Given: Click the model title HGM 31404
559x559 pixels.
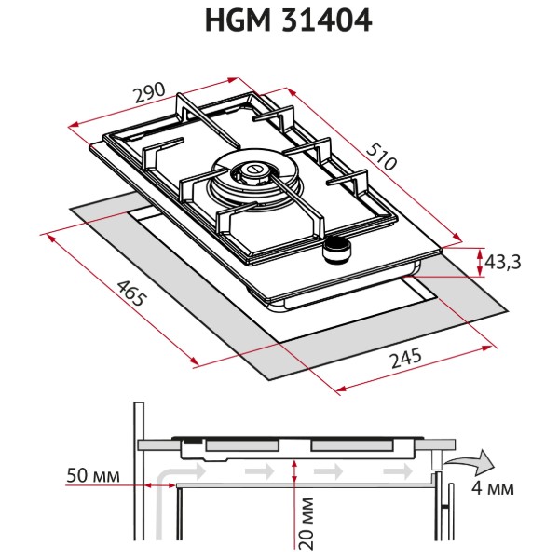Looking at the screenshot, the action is point(289,20).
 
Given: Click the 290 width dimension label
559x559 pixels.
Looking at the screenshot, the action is point(149,92).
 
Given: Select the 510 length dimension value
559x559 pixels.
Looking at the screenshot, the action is point(381,157).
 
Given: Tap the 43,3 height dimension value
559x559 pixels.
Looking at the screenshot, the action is point(503,262).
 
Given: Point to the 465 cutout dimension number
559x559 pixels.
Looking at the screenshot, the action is point(131,293).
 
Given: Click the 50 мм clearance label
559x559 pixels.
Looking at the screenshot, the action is point(93,475).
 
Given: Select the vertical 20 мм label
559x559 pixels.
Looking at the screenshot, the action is point(306,523).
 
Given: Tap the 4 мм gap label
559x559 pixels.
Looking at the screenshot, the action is point(493,487).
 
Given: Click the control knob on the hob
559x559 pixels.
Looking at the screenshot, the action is point(337,251).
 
